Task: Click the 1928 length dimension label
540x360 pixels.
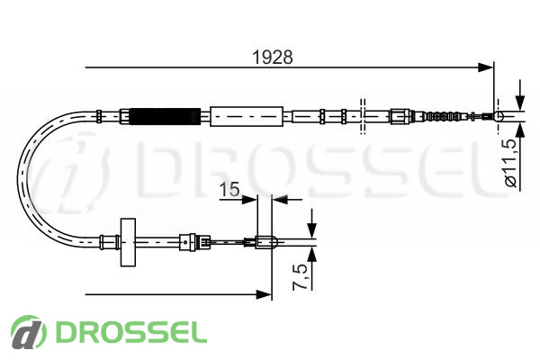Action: [273, 58]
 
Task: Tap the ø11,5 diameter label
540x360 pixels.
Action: [511, 163]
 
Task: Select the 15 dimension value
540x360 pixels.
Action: [229, 189]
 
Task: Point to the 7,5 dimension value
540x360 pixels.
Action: [300, 276]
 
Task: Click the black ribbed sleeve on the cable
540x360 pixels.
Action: [165, 116]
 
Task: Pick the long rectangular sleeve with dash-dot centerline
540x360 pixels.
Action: [247, 116]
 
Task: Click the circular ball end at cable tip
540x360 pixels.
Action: [499, 116]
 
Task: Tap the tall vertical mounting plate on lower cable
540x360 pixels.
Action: [128, 242]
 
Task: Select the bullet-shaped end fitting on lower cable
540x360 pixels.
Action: [265, 242]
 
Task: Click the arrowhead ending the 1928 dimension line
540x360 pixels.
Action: [486, 67]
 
